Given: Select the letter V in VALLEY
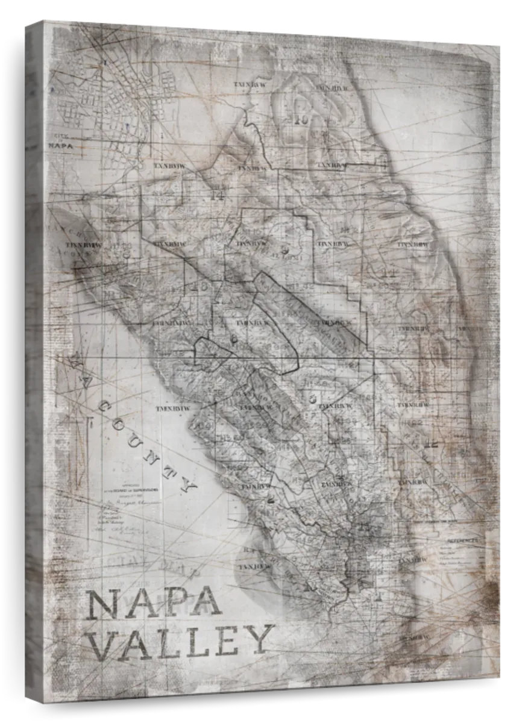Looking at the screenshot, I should [x=103, y=643].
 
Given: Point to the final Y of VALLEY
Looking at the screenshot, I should [x=260, y=639].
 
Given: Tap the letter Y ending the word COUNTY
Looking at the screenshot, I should [x=188, y=484].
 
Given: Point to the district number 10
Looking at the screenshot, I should [x=301, y=120].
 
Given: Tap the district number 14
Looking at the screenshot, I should [x=217, y=195].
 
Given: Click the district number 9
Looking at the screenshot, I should [x=285, y=251].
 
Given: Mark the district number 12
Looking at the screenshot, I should [x=430, y=444].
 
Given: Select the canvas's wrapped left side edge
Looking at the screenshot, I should [x=34, y=361].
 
